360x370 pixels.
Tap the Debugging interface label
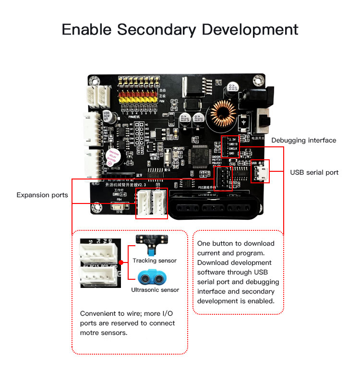[x=303, y=141]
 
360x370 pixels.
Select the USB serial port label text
[x=314, y=172]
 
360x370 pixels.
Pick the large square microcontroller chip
[x=198, y=156]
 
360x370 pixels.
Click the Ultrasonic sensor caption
[x=155, y=290]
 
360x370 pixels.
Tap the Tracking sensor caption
[x=155, y=261]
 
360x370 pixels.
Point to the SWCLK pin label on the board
[x=234, y=148]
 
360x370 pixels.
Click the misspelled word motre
[x=91, y=332]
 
